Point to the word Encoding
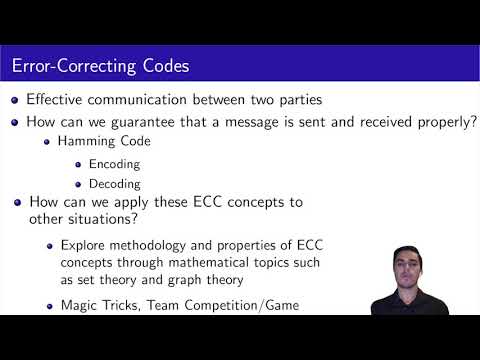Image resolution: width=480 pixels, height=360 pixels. [x=114, y=164]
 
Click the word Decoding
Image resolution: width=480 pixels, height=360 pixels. [x=114, y=184]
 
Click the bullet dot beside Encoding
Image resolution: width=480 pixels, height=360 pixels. [x=80, y=164]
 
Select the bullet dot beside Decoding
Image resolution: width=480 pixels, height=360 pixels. [x=80, y=184]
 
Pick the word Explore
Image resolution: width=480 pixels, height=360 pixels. [x=81, y=244]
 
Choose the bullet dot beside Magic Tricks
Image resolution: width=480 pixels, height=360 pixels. [x=50, y=304]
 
